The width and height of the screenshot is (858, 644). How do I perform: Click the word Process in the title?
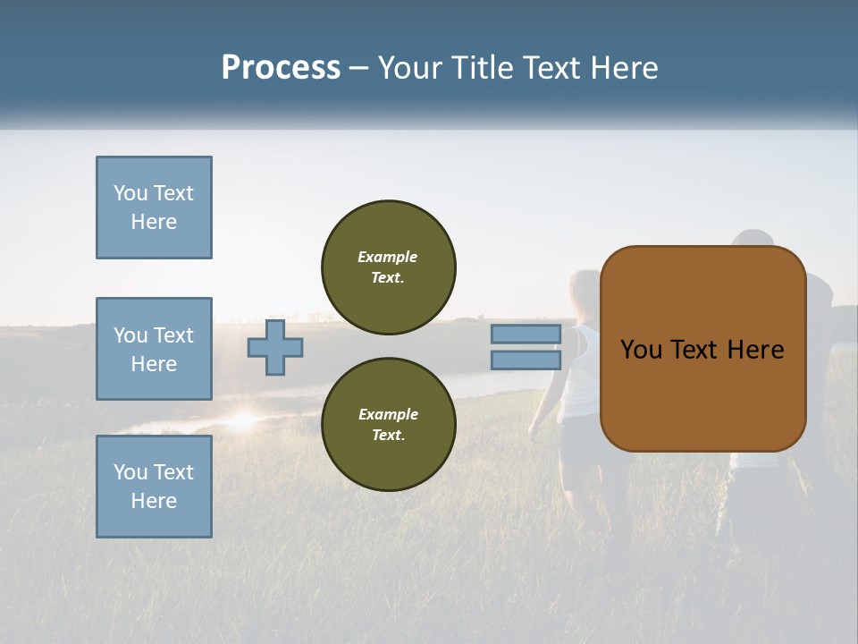(281, 68)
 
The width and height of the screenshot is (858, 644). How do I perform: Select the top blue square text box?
(155, 208)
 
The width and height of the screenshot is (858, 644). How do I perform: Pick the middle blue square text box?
(155, 349)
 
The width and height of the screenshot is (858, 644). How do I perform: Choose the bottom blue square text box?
(155, 487)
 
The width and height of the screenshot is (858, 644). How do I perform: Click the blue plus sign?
(275, 348)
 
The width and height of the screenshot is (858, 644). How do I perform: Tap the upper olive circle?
(389, 267)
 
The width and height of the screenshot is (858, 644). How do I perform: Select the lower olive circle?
(389, 424)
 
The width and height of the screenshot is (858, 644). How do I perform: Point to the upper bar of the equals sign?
(526, 334)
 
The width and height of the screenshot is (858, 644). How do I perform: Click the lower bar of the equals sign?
(526, 360)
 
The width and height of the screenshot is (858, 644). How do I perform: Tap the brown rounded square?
(703, 349)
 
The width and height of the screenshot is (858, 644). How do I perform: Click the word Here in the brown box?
(756, 350)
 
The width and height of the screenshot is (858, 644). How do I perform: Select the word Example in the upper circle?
(387, 258)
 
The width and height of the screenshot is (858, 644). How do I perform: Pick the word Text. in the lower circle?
(389, 435)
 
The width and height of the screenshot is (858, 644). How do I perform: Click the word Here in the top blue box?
(154, 222)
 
